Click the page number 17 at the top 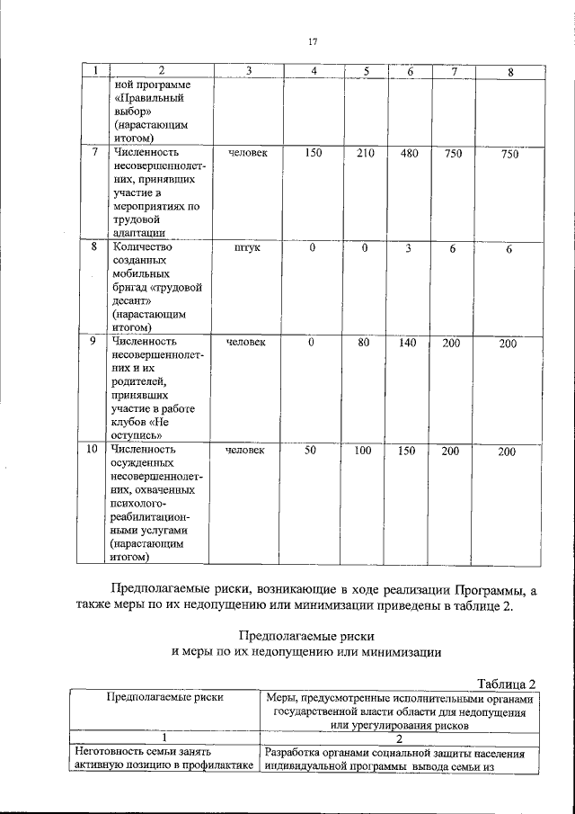[313, 42]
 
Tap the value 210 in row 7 [365, 153]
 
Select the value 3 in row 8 [407, 248]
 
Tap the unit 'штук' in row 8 [247, 248]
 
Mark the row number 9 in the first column [93, 342]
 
